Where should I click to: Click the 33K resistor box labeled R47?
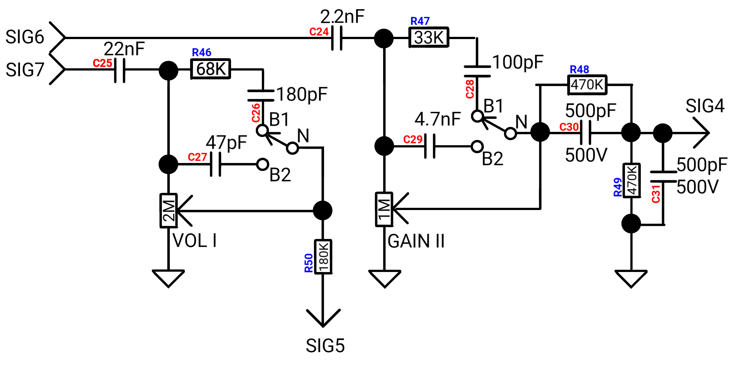click(429, 37)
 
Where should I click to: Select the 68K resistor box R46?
click(211, 69)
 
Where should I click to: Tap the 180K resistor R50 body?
click(323, 257)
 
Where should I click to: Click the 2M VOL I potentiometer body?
click(169, 210)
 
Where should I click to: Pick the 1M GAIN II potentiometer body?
click(384, 209)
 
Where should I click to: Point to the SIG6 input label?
click(25, 37)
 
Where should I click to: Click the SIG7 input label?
click(25, 70)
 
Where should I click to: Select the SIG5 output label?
click(325, 346)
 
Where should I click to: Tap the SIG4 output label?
click(705, 106)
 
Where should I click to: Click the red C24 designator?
click(319, 32)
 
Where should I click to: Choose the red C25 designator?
click(102, 63)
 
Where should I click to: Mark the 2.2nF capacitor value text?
click(342, 17)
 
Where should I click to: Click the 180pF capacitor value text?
click(302, 94)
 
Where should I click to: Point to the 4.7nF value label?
click(438, 119)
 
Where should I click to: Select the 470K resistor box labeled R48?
click(587, 85)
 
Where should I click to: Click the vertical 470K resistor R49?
click(632, 180)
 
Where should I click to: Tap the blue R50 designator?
click(309, 263)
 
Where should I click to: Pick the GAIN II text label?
click(416, 241)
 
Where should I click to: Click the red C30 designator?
click(569, 127)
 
